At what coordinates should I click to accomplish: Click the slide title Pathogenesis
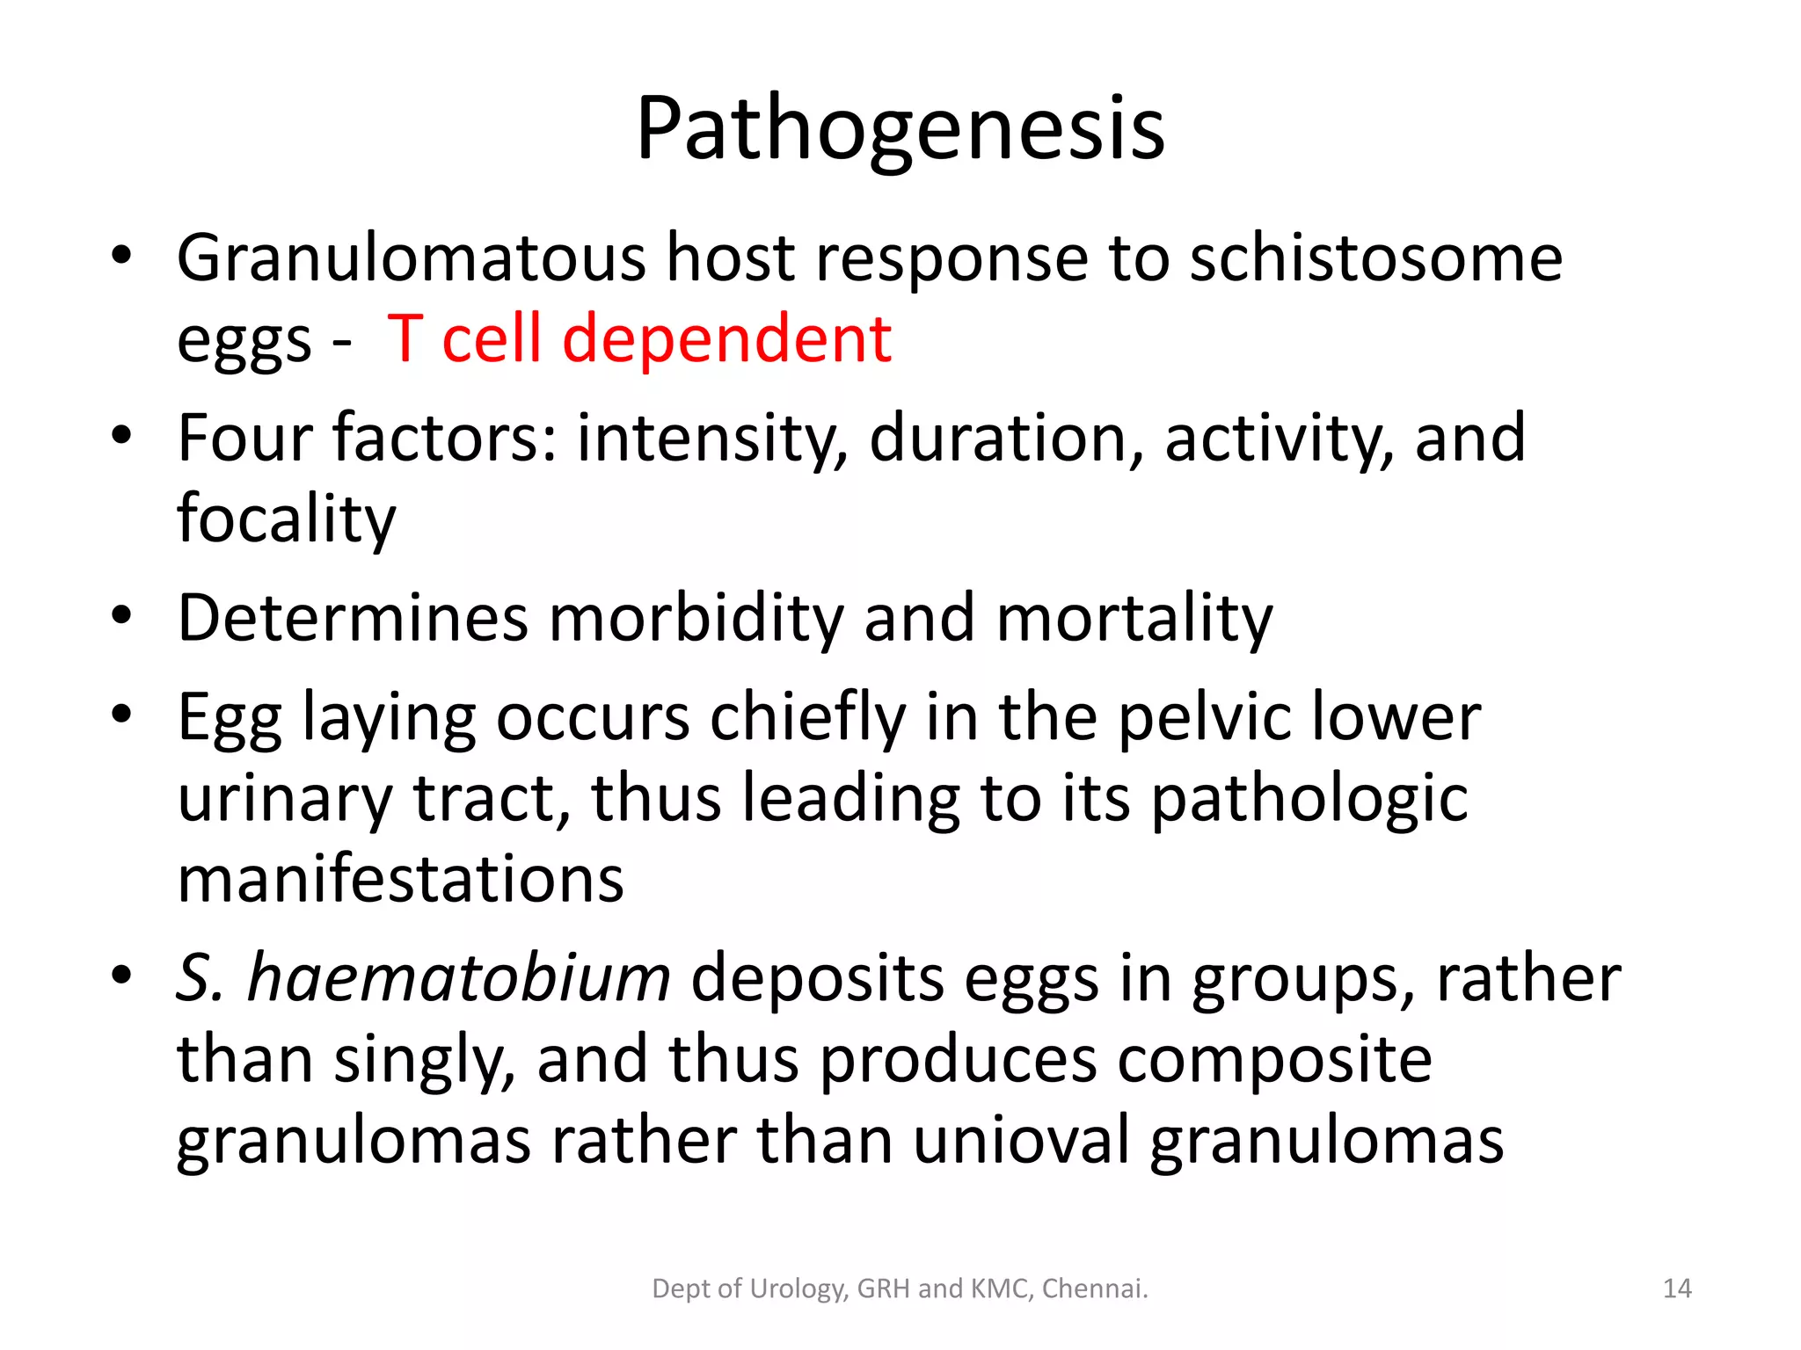(900, 130)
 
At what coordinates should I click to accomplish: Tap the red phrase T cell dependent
(639, 339)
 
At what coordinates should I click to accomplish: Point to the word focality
(287, 519)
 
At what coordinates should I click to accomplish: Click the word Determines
(352, 618)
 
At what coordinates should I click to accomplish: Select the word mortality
(1134, 618)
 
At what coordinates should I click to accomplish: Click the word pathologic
(1309, 798)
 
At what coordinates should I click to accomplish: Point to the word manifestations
(400, 879)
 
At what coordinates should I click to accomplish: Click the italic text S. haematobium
(423, 977)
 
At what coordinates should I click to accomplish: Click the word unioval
(1020, 1140)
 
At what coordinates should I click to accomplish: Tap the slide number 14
(1677, 1288)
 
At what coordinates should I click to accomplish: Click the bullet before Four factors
(121, 436)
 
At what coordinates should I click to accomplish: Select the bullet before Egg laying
(121, 715)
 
